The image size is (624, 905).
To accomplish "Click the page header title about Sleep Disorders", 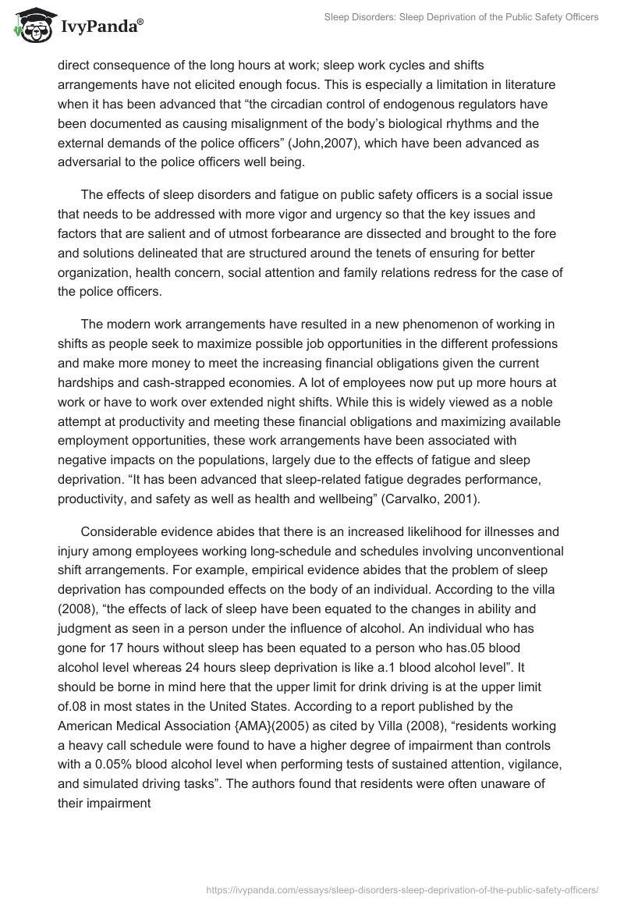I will (x=462, y=17).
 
